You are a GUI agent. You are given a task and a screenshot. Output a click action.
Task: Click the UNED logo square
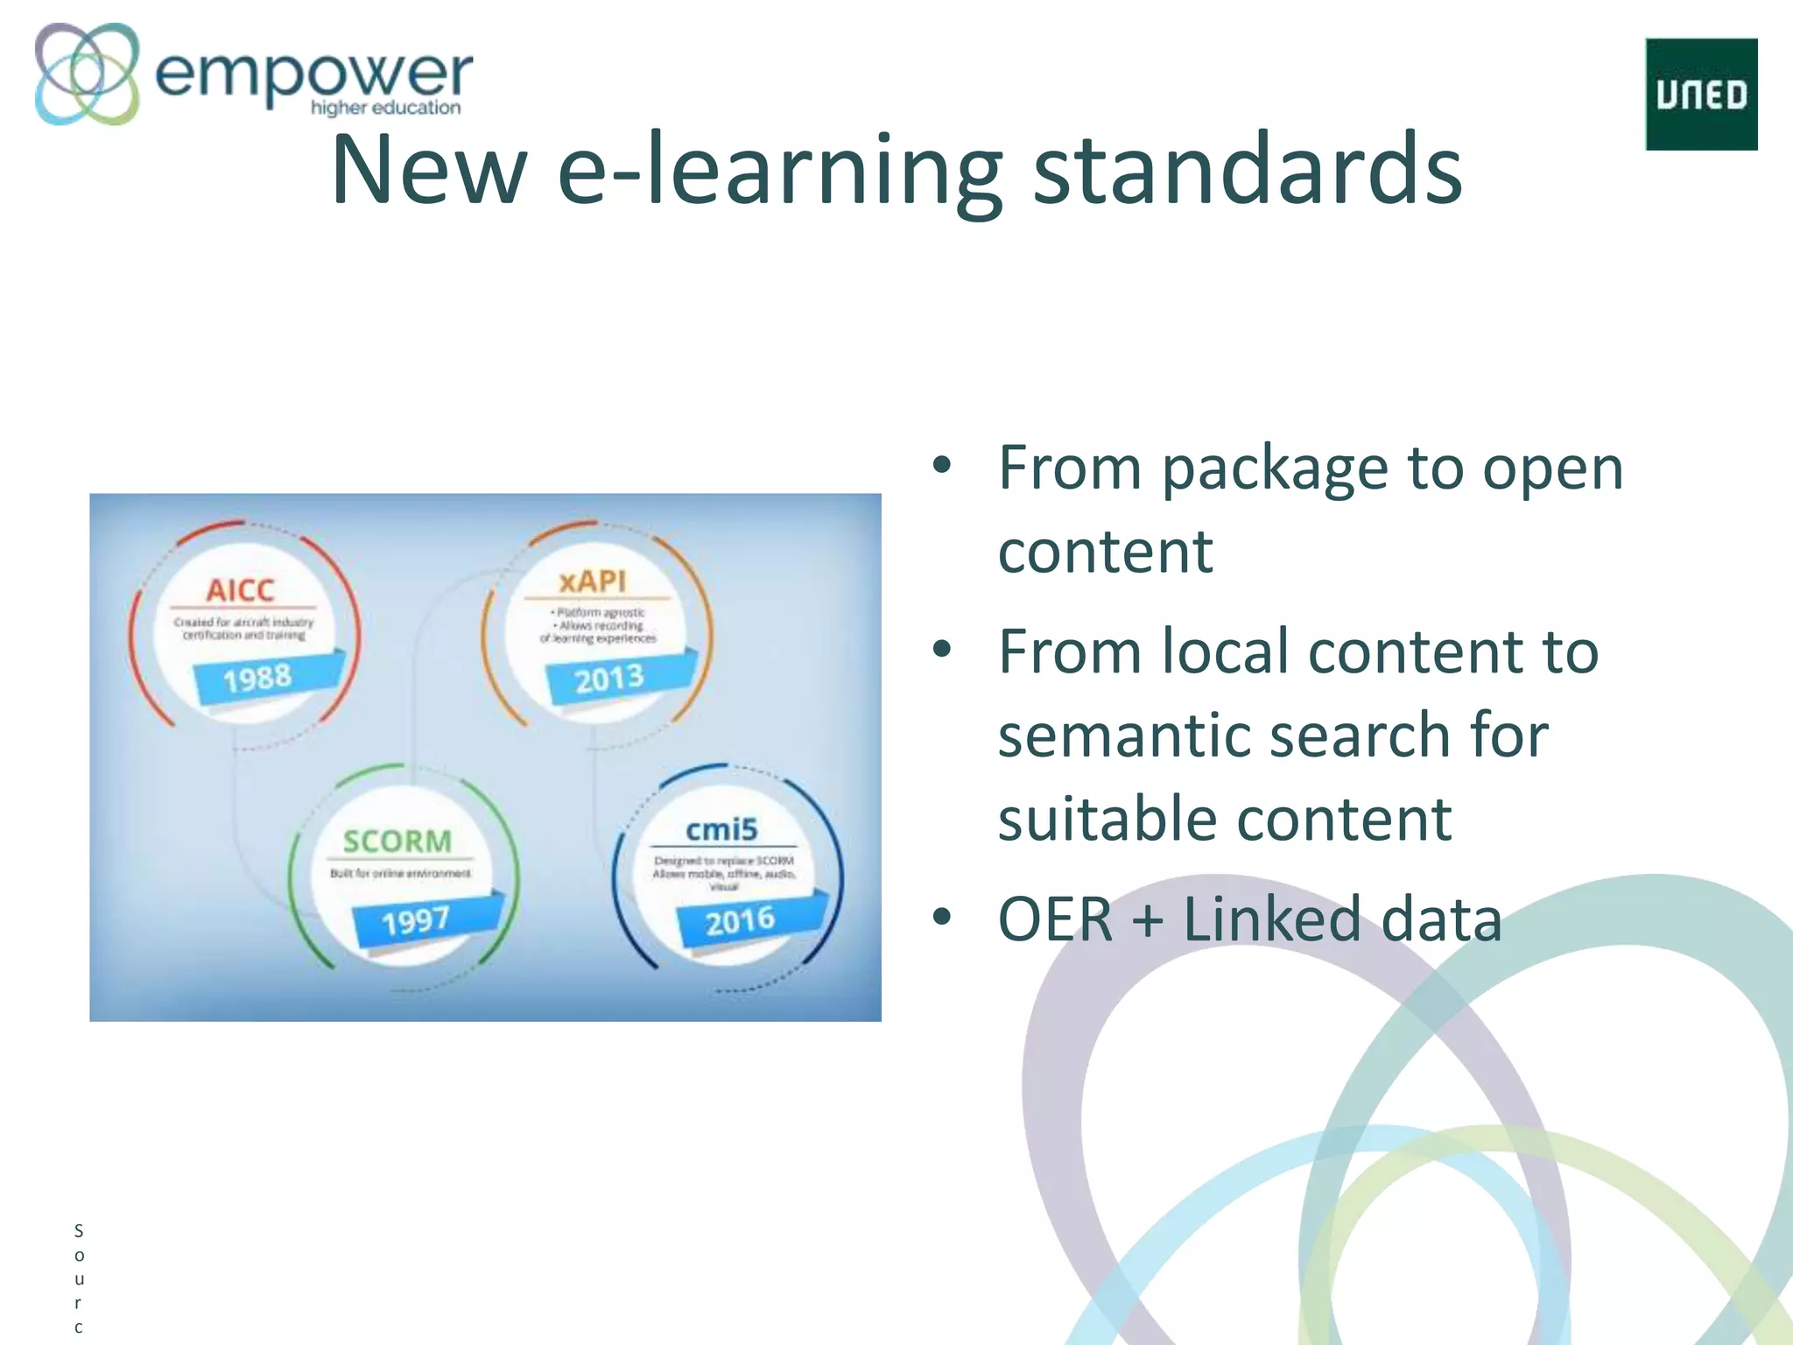pyautogui.click(x=1701, y=94)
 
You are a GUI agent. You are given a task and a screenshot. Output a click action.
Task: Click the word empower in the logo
pyautogui.click(x=313, y=74)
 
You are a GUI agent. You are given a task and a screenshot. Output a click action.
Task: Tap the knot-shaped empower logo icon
pyautogui.click(x=87, y=74)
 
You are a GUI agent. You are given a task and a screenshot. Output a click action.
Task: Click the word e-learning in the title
pyautogui.click(x=779, y=171)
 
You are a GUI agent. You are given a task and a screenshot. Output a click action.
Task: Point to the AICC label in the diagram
pyautogui.click(x=240, y=590)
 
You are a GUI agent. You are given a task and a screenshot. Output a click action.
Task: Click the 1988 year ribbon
pyautogui.click(x=257, y=678)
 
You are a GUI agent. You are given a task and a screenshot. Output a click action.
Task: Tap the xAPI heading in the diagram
pyautogui.click(x=593, y=581)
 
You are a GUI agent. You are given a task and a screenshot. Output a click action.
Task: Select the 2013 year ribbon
pyautogui.click(x=609, y=679)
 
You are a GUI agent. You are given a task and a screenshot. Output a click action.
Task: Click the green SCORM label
pyautogui.click(x=397, y=842)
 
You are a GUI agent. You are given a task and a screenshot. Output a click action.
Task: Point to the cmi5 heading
pyautogui.click(x=721, y=829)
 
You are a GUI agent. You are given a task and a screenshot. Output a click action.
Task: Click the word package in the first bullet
pyautogui.click(x=1275, y=469)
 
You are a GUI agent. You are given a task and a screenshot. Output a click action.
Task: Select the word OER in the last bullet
pyautogui.click(x=1055, y=919)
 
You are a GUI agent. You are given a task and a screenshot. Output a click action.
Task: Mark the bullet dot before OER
pyautogui.click(x=942, y=917)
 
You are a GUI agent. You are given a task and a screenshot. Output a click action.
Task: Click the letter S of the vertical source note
pyautogui.click(x=79, y=1231)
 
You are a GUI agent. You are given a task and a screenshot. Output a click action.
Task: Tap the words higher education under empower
pyautogui.click(x=385, y=108)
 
